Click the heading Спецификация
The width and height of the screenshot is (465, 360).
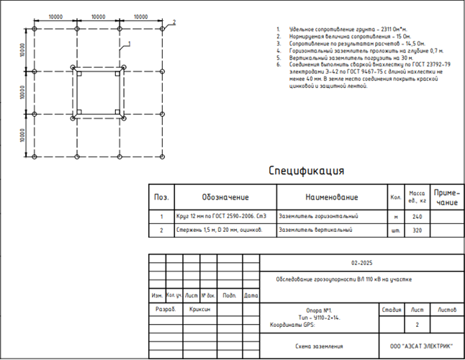point(306,171)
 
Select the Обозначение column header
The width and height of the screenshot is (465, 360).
point(225,197)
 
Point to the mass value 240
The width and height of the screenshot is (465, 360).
point(417,216)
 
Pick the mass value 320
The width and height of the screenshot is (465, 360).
point(417,230)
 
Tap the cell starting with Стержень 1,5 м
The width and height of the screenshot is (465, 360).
point(215,230)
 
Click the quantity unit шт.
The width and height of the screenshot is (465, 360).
point(395,230)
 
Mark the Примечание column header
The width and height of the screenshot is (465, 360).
point(447,197)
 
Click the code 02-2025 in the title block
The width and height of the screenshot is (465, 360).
point(363,264)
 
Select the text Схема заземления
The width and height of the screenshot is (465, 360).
point(319,346)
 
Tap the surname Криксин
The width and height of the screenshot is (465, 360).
point(199,307)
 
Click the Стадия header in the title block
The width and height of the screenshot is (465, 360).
point(391,309)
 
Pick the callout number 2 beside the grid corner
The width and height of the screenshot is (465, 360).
point(173,22)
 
